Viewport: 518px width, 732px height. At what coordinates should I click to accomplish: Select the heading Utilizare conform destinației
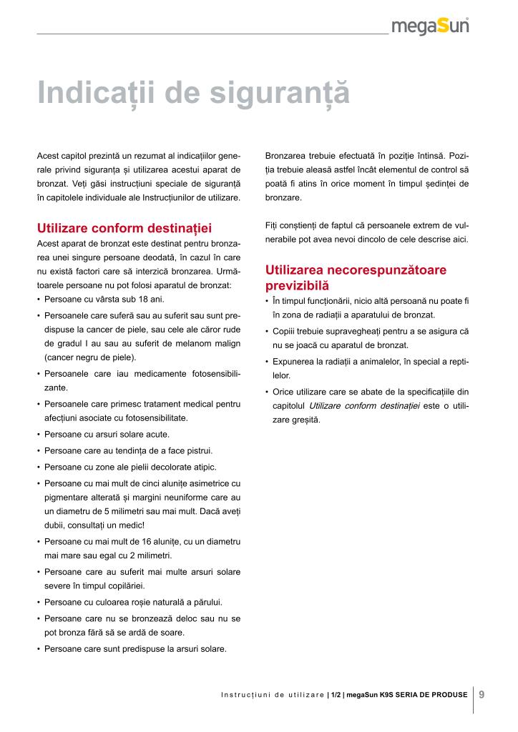tap(124, 229)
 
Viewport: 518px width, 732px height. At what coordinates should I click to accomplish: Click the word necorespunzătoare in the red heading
tap(386, 270)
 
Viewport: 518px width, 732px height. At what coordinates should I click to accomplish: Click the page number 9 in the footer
tap(482, 693)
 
